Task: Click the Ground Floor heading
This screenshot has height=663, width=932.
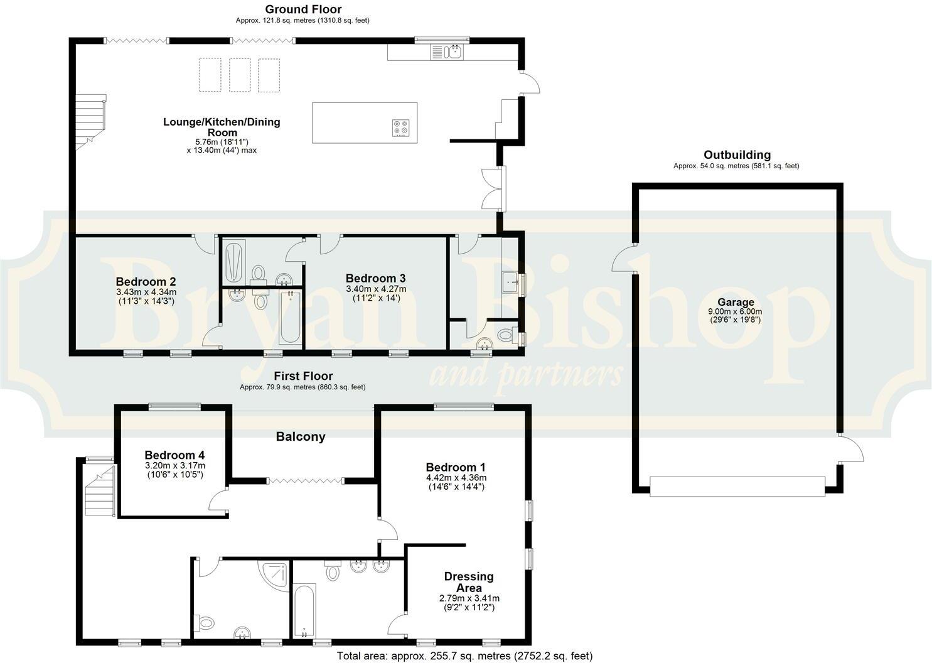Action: click(x=303, y=9)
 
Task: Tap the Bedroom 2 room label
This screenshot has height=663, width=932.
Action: click(x=146, y=282)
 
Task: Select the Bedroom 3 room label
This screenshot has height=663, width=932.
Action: click(x=375, y=278)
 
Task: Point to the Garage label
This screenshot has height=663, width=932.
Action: click(x=736, y=302)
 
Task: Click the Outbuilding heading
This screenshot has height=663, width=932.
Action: click(x=737, y=155)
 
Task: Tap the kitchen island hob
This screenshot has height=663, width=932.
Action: click(x=400, y=128)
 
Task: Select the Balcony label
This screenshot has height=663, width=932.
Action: click(x=301, y=437)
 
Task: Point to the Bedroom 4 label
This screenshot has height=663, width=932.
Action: click(x=174, y=455)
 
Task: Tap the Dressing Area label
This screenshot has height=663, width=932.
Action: click(x=469, y=582)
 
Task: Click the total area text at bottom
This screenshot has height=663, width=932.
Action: click(x=464, y=656)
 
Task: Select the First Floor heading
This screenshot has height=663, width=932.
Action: click(x=303, y=376)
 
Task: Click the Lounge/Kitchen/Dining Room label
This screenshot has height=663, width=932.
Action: click(x=222, y=127)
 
